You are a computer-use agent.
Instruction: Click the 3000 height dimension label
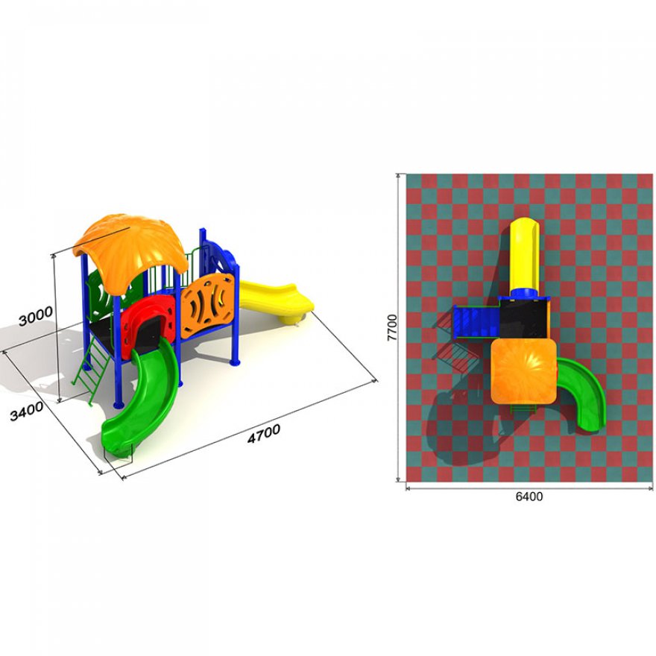(36, 315)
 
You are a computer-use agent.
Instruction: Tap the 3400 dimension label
(26, 411)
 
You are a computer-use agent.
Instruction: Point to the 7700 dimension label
(392, 327)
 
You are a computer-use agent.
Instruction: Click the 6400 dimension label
(529, 496)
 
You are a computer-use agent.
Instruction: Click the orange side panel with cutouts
(207, 305)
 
